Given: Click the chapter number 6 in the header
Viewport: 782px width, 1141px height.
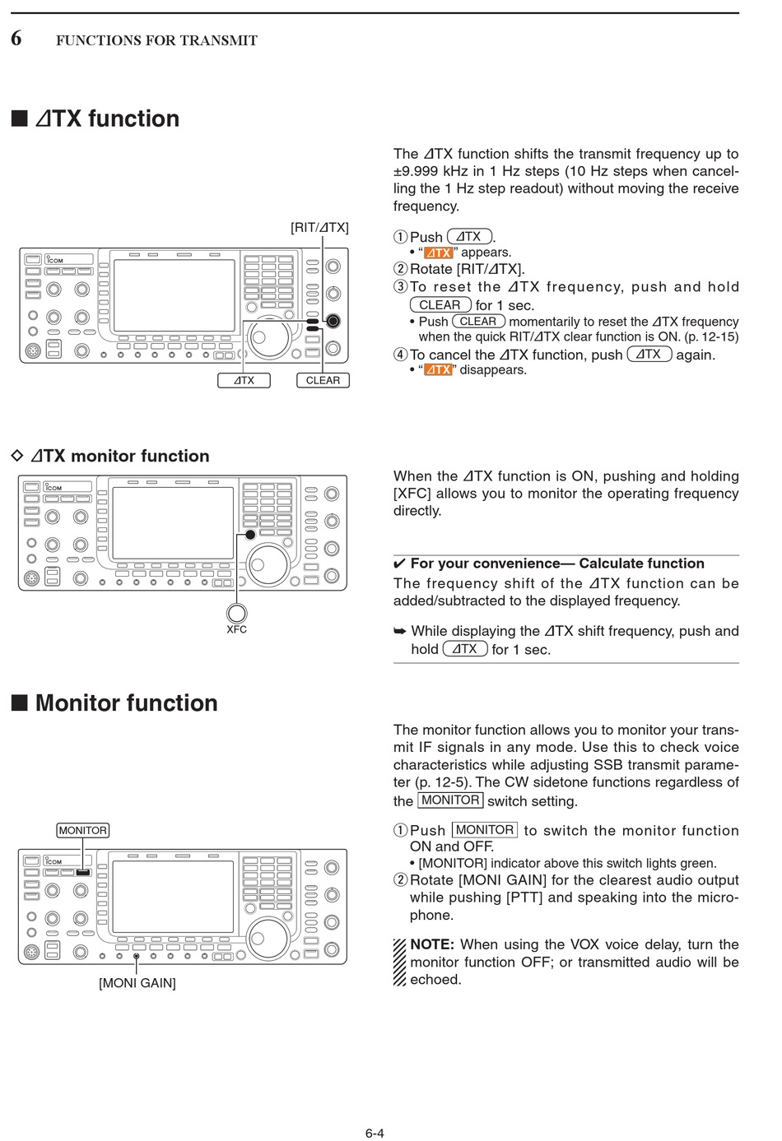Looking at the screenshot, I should point(16,38).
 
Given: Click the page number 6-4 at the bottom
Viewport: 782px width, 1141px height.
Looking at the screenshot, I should point(375,1133).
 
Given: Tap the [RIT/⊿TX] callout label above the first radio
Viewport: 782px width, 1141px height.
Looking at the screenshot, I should point(319,228).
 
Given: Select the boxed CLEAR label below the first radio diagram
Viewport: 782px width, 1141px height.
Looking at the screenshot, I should point(323,380).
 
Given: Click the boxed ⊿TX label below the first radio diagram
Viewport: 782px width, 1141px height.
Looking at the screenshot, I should point(244,380).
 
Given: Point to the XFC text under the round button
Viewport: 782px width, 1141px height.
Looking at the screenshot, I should point(236,629).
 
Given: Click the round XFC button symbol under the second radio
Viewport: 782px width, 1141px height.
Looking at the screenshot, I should point(236,612).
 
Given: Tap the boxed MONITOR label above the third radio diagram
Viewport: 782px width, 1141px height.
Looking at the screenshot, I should point(82,830).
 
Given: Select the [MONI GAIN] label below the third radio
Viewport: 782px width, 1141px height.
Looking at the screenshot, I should point(137,983).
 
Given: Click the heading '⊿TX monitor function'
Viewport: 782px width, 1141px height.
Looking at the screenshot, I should point(119,456).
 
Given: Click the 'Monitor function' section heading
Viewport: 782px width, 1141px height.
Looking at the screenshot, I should point(126,703).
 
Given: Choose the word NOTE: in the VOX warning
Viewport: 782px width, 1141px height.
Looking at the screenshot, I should point(432,944).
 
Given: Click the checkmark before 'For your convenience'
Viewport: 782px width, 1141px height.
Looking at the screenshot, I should point(399,564).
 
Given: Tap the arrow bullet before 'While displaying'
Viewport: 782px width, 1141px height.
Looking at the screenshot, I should point(400,632).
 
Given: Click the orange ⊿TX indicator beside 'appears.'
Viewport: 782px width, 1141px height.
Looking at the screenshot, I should point(438,253).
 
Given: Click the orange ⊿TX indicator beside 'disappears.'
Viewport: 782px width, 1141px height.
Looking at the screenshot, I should point(438,370).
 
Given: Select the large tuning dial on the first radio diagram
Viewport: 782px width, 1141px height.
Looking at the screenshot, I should point(270,339).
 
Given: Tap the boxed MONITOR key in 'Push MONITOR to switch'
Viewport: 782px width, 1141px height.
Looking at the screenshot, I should point(484,830).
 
